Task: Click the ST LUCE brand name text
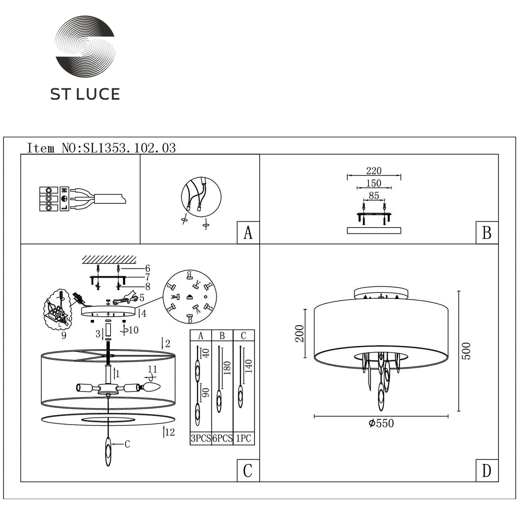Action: pyautogui.click(x=85, y=94)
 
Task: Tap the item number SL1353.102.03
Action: pyautogui.click(x=129, y=148)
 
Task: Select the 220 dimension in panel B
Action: pyautogui.click(x=374, y=171)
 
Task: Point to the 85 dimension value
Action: pyautogui.click(x=374, y=196)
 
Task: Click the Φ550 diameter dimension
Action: pyautogui.click(x=381, y=423)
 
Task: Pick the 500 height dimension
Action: pyautogui.click(x=466, y=351)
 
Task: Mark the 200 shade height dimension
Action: pyautogui.click(x=300, y=334)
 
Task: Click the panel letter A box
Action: pyautogui.click(x=248, y=232)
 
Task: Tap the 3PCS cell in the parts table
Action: pyautogui.click(x=201, y=438)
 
